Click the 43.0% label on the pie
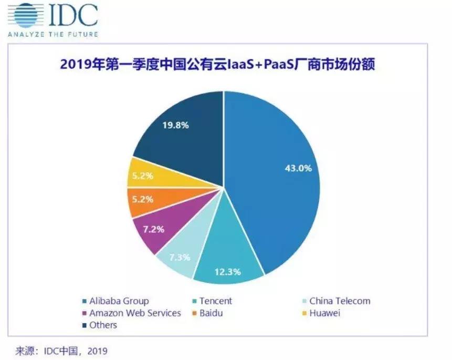coord(298,169)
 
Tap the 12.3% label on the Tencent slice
coord(227,272)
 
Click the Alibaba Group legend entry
coord(118,301)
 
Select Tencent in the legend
coord(215,301)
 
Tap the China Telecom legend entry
coord(339,301)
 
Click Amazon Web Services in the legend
coord(134,313)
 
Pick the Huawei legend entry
coord(324,313)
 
